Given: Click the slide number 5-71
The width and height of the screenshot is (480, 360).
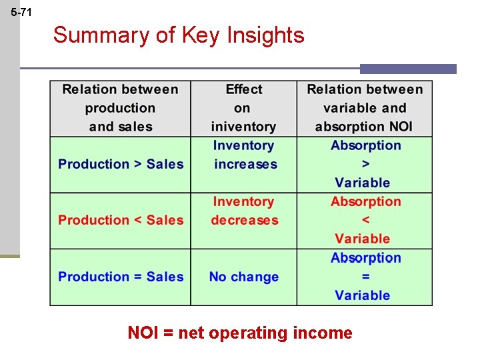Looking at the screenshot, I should tap(21, 12).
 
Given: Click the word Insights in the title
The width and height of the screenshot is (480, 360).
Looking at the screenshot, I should tap(265, 35).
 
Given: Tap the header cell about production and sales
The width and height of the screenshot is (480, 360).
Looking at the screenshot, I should tap(120, 108).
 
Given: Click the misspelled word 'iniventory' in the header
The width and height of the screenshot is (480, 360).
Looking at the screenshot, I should tap(243, 127).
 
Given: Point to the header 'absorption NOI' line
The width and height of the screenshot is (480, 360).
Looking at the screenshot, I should tap(364, 127).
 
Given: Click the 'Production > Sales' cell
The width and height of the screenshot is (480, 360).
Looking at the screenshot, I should tap(121, 164).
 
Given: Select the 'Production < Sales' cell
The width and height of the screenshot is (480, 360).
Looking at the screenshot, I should tap(121, 220).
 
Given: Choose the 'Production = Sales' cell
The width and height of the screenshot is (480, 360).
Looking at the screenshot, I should tap(121, 277).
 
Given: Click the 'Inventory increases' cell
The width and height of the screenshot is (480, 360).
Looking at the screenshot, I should tap(243, 155).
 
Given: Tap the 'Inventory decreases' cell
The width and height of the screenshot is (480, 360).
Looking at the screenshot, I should tap(243, 211).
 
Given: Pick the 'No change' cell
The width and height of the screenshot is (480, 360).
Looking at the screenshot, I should tap(243, 277).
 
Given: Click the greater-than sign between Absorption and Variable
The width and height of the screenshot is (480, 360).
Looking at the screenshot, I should tap(365, 164).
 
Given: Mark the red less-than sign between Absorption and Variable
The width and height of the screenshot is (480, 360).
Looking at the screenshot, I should tap(365, 220).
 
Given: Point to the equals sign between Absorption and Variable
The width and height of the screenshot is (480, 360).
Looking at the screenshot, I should tap(365, 277).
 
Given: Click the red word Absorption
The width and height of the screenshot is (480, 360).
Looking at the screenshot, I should tap(365, 201).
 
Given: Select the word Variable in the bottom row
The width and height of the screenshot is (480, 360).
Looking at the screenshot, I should tap(363, 295).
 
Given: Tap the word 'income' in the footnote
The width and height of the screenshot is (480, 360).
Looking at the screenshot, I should tap(323, 332).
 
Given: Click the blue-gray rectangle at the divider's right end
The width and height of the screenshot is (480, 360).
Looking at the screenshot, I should tap(408, 69).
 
